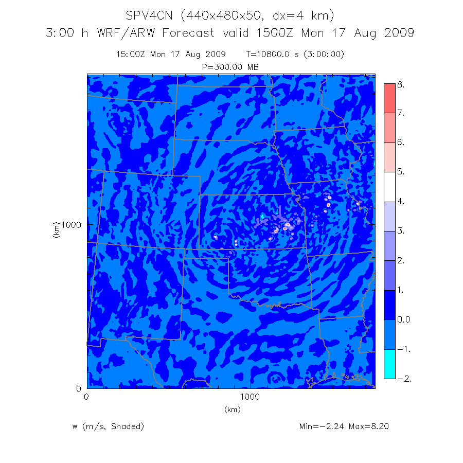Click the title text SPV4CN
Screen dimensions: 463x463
coord(149,15)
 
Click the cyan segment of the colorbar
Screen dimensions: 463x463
coord(389,364)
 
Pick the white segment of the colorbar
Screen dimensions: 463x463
coord(389,187)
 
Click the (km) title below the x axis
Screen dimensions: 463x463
coord(232,409)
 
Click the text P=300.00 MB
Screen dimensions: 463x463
coord(231,67)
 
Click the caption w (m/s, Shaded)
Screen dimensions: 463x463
coord(108,426)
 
